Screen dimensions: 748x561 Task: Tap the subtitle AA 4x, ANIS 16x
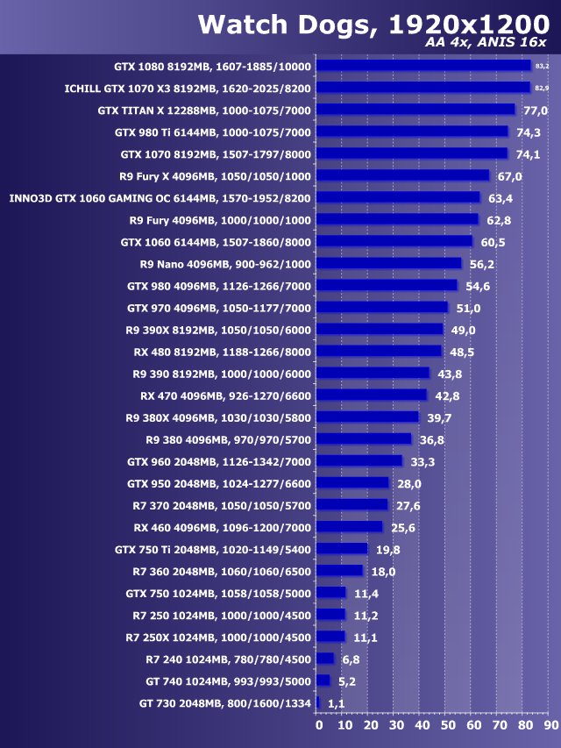pyautogui.click(x=490, y=44)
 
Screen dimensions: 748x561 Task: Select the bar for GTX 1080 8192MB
pyautogui.click(x=423, y=66)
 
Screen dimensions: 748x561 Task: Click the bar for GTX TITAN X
pyautogui.click(x=415, y=110)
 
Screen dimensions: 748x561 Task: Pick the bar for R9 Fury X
pyautogui.click(x=402, y=175)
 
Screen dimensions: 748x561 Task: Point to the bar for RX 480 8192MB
pyautogui.click(x=379, y=351)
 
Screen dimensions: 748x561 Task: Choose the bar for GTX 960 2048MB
pyautogui.click(x=359, y=460)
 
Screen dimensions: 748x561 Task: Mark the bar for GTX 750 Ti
pyautogui.click(x=342, y=549)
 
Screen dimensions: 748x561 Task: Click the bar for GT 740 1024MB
pyautogui.click(x=323, y=680)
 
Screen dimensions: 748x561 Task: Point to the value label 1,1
pyautogui.click(x=336, y=703)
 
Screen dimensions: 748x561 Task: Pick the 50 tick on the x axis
pyautogui.click(x=448, y=726)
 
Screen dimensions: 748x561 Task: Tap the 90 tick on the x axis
pyautogui.click(x=551, y=726)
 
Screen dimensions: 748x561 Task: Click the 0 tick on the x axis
pyautogui.click(x=319, y=726)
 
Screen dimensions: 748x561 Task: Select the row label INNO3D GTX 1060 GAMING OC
pyautogui.click(x=160, y=198)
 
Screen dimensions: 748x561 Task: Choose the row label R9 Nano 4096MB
pyautogui.click(x=225, y=264)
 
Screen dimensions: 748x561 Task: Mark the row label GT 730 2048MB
pyautogui.click(x=224, y=703)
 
